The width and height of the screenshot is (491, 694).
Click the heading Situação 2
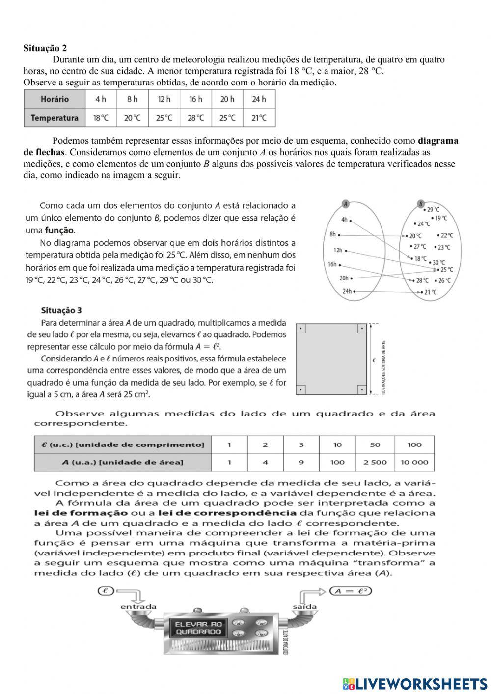(x=45, y=48)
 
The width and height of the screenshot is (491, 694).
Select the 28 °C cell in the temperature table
(x=195, y=118)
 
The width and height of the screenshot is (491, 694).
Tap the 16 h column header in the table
(x=195, y=99)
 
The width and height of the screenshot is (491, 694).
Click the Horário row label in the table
(x=55, y=99)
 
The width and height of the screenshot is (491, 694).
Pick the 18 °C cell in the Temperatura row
(x=101, y=118)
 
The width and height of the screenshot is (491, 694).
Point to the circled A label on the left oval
(x=345, y=204)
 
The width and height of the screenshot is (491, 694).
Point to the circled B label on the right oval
(x=421, y=204)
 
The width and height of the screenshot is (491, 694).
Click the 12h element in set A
(x=339, y=250)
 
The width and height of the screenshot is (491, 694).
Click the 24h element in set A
(x=348, y=291)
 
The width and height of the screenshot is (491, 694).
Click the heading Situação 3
(x=61, y=310)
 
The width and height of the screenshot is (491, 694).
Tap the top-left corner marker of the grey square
(x=301, y=329)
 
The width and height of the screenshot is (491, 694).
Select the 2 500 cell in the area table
(x=375, y=462)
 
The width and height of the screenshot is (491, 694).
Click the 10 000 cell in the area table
(x=414, y=462)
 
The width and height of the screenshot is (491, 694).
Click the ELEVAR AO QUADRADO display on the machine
(x=198, y=628)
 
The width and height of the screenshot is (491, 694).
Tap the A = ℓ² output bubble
(x=350, y=591)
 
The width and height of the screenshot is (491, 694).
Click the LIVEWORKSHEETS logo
(x=415, y=683)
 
